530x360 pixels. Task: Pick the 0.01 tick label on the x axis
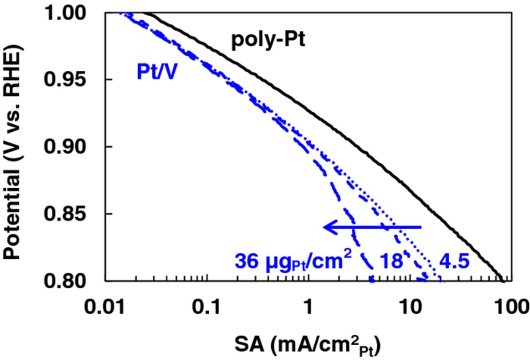(105, 308)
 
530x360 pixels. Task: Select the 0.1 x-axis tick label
(207, 308)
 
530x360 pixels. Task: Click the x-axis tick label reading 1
(308, 308)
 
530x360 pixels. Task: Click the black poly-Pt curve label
(268, 41)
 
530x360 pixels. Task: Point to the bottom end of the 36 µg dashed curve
(372, 280)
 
